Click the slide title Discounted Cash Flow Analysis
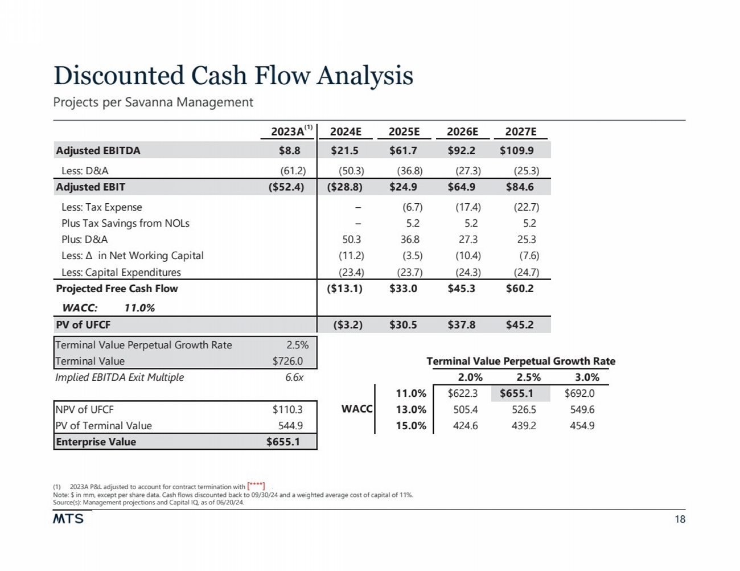(x=233, y=76)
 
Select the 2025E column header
(x=404, y=132)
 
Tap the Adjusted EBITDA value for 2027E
(x=516, y=151)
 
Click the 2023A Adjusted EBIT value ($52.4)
(x=286, y=187)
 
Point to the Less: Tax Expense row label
(x=101, y=207)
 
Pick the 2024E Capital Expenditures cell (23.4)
(x=351, y=272)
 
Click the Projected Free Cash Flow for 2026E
(x=462, y=289)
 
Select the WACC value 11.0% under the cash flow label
(x=139, y=308)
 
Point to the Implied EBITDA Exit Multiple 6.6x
(x=294, y=377)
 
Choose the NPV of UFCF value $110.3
(x=287, y=409)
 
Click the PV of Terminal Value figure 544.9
(x=290, y=425)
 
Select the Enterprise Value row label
(x=96, y=442)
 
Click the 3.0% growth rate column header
(x=586, y=377)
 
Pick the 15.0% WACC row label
(x=410, y=425)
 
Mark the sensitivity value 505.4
(x=465, y=409)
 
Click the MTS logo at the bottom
(x=68, y=519)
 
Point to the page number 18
(x=680, y=519)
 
